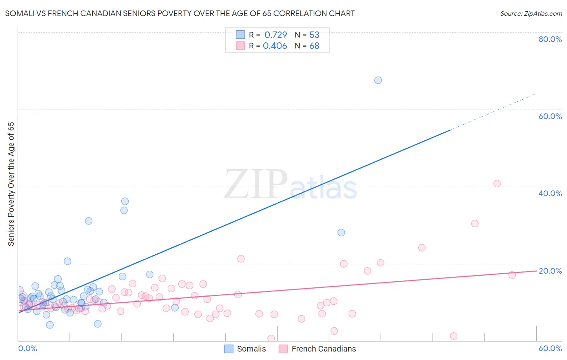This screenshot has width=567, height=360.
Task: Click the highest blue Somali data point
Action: coord(378,80)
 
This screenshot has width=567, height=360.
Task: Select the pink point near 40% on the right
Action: coord(497,184)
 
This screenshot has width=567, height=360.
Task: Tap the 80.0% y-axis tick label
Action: coord(550,39)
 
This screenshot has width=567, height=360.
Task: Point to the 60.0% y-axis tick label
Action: coord(550,116)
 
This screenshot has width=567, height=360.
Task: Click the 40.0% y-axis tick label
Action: coord(550,193)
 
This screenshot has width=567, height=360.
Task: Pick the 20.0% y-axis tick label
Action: coord(550,271)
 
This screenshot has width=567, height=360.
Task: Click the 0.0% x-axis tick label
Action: coord(27,348)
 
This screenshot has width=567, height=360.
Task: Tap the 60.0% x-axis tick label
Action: coord(550,348)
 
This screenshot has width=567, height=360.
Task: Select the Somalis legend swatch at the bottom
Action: coord(229,349)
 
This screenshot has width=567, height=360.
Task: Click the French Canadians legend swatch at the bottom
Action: coord(283,349)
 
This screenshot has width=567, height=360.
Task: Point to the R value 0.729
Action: coord(275,35)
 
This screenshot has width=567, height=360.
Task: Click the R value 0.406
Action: coord(275,46)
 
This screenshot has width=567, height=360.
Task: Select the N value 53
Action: coord(314,35)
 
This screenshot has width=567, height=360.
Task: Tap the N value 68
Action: coord(314,46)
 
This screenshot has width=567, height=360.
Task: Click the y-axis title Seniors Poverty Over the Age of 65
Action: coord(11,184)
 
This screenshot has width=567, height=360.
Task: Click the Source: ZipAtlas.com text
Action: coord(531,14)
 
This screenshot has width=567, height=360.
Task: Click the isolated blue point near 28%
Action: coord(341,232)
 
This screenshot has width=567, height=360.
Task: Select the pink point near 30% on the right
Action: coord(475,224)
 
